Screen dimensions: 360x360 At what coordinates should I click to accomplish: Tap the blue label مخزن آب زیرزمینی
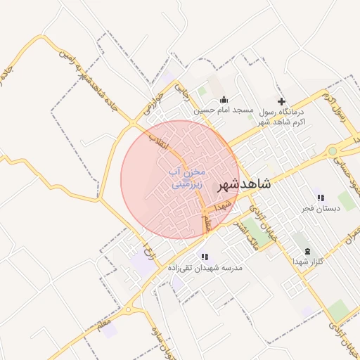pos(186,177)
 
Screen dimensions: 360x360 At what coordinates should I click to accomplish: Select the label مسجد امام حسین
pos(224,110)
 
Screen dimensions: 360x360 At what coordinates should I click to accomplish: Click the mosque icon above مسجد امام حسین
pos(224,99)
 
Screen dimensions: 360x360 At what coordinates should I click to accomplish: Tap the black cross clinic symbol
pos(282,101)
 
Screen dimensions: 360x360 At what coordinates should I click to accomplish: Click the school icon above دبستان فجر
pos(321,198)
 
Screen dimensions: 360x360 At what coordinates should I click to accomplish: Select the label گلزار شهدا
pos(307,262)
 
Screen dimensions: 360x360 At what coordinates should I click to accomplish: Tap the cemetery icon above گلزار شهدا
pos(307,251)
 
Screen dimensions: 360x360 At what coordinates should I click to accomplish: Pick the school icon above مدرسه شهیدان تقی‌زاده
pos(205,257)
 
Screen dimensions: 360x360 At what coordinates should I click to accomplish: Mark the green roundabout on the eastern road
pos(333,150)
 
